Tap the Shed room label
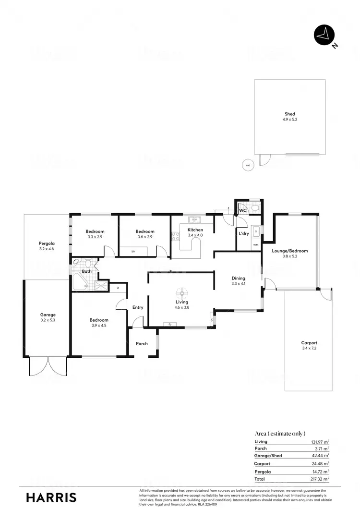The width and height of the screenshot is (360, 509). (x=289, y=114)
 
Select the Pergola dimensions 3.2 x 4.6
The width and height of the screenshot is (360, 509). (x=47, y=249)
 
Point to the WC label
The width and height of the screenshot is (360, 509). (x=242, y=210)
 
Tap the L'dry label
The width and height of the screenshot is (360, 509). (x=243, y=233)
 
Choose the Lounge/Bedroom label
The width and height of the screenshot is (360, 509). (x=289, y=251)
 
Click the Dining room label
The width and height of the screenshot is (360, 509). (x=238, y=278)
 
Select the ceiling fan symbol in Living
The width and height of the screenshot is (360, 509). (x=182, y=292)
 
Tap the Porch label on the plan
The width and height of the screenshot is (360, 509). (x=142, y=343)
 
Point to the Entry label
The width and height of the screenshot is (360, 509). (x=138, y=307)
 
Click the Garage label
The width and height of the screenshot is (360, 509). (x=48, y=315)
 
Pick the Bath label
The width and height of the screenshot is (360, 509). (x=86, y=271)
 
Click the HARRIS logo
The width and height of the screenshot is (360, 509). (x=51, y=497)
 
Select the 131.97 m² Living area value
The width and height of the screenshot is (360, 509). (x=318, y=441)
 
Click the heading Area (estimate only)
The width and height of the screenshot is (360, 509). (x=280, y=433)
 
